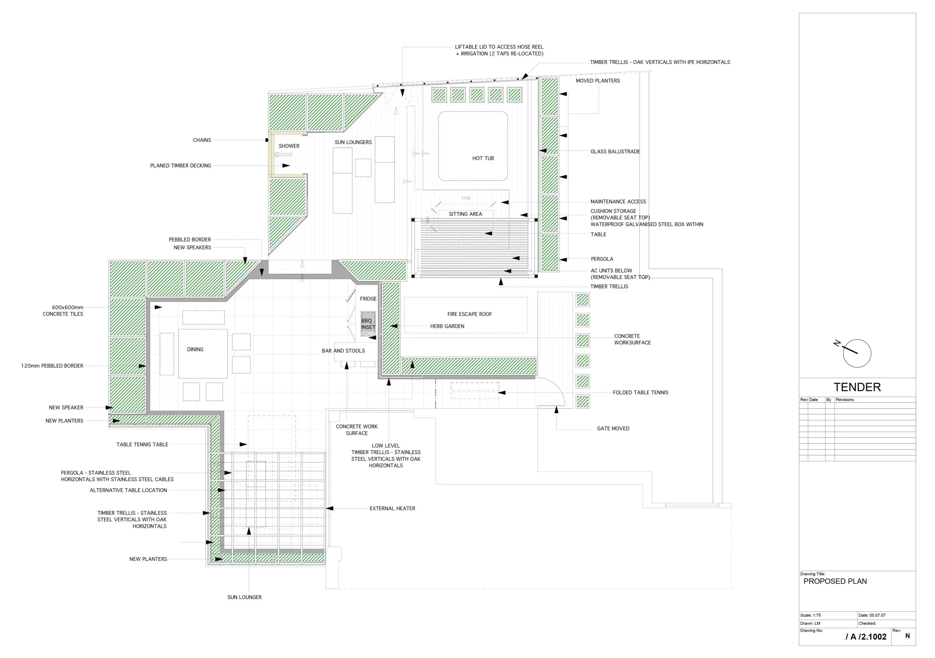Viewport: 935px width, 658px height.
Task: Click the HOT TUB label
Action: click(483, 158)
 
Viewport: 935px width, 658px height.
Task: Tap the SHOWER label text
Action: click(289, 146)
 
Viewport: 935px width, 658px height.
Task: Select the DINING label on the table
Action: click(195, 349)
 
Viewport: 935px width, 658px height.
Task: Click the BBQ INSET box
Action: click(368, 324)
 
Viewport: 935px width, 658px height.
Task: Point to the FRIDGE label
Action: click(368, 299)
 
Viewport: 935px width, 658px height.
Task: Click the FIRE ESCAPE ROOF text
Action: click(470, 314)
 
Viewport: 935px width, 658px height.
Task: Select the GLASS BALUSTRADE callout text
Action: click(615, 152)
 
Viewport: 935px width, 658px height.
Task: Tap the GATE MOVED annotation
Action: click(613, 428)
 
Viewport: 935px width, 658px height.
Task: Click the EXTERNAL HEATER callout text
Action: click(393, 508)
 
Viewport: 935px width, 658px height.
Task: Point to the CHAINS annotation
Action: click(202, 140)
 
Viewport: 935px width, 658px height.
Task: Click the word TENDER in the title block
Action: click(857, 387)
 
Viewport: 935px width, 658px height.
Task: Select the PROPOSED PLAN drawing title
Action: click(835, 581)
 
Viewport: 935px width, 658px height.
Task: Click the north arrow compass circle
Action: click(857, 353)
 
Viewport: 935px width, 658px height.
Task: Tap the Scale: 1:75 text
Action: click(810, 615)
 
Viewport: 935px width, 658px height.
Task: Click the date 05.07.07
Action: click(877, 615)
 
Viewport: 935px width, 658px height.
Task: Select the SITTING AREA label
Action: click(465, 214)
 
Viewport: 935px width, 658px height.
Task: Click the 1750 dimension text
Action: click(466, 198)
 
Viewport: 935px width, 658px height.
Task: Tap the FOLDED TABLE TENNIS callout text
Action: click(641, 393)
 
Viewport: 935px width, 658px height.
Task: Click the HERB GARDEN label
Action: click(447, 326)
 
